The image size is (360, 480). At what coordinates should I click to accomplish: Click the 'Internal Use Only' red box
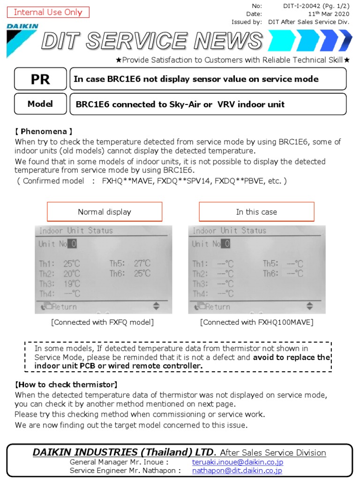point(48,12)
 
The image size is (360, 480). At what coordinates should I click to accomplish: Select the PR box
point(40,79)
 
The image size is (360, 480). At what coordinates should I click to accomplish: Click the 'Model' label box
point(40,104)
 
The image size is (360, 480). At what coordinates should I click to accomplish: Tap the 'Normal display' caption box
point(105,212)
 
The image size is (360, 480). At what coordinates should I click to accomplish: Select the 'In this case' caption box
point(256,212)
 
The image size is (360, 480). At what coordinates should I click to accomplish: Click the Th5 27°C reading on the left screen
point(130,263)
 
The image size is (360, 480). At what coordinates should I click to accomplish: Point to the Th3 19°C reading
point(60,284)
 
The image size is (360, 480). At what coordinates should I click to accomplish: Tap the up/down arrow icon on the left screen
point(157,307)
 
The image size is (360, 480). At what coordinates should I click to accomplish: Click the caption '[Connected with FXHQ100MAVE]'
point(257,322)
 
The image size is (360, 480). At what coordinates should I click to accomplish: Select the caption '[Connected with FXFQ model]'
point(103,322)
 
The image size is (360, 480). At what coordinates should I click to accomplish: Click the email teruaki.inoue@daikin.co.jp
point(237,462)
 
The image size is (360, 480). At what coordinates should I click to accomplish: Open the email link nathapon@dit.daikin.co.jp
point(237,471)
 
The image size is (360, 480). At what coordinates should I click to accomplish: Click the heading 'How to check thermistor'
point(67,384)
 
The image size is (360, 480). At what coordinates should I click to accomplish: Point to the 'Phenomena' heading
point(44,132)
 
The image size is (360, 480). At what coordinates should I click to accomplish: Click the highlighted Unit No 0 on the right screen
point(226,244)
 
